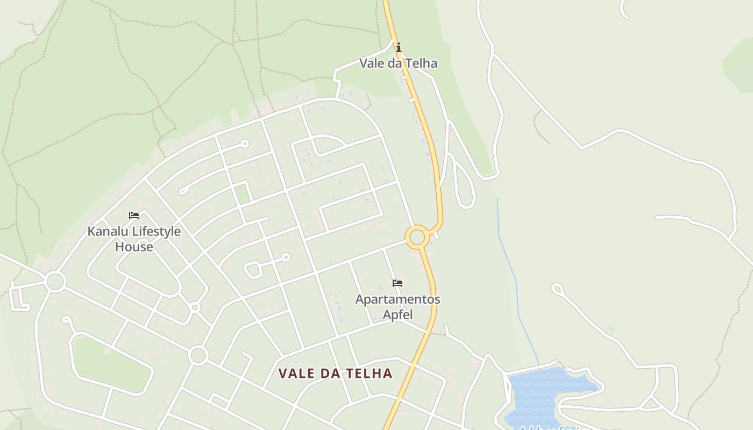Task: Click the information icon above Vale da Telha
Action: (398, 48)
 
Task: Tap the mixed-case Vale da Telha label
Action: (398, 63)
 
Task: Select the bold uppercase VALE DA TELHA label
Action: (335, 374)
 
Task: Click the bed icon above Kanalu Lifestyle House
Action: (134, 216)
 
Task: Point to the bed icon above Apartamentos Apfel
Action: (397, 283)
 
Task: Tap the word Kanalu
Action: (106, 232)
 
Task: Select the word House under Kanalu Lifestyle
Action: (134, 247)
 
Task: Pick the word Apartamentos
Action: (397, 299)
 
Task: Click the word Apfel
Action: (397, 314)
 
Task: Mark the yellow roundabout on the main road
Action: (417, 237)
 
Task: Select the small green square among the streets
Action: (243, 193)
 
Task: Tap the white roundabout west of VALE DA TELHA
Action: (198, 355)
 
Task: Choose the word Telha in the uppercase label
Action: (371, 374)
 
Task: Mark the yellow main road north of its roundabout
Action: (428, 134)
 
